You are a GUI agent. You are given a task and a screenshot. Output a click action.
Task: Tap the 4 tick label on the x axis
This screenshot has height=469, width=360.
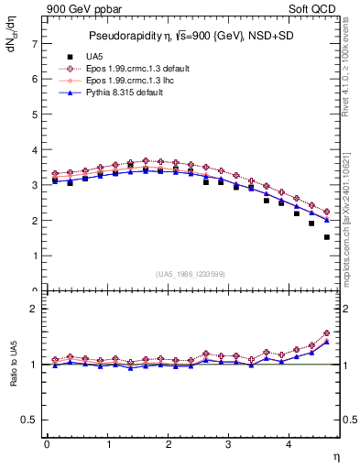click(289, 445)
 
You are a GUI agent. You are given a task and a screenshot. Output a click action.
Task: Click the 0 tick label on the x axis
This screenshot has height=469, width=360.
click(47, 445)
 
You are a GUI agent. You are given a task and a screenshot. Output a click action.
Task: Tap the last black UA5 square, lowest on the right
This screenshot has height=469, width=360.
click(326, 237)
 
